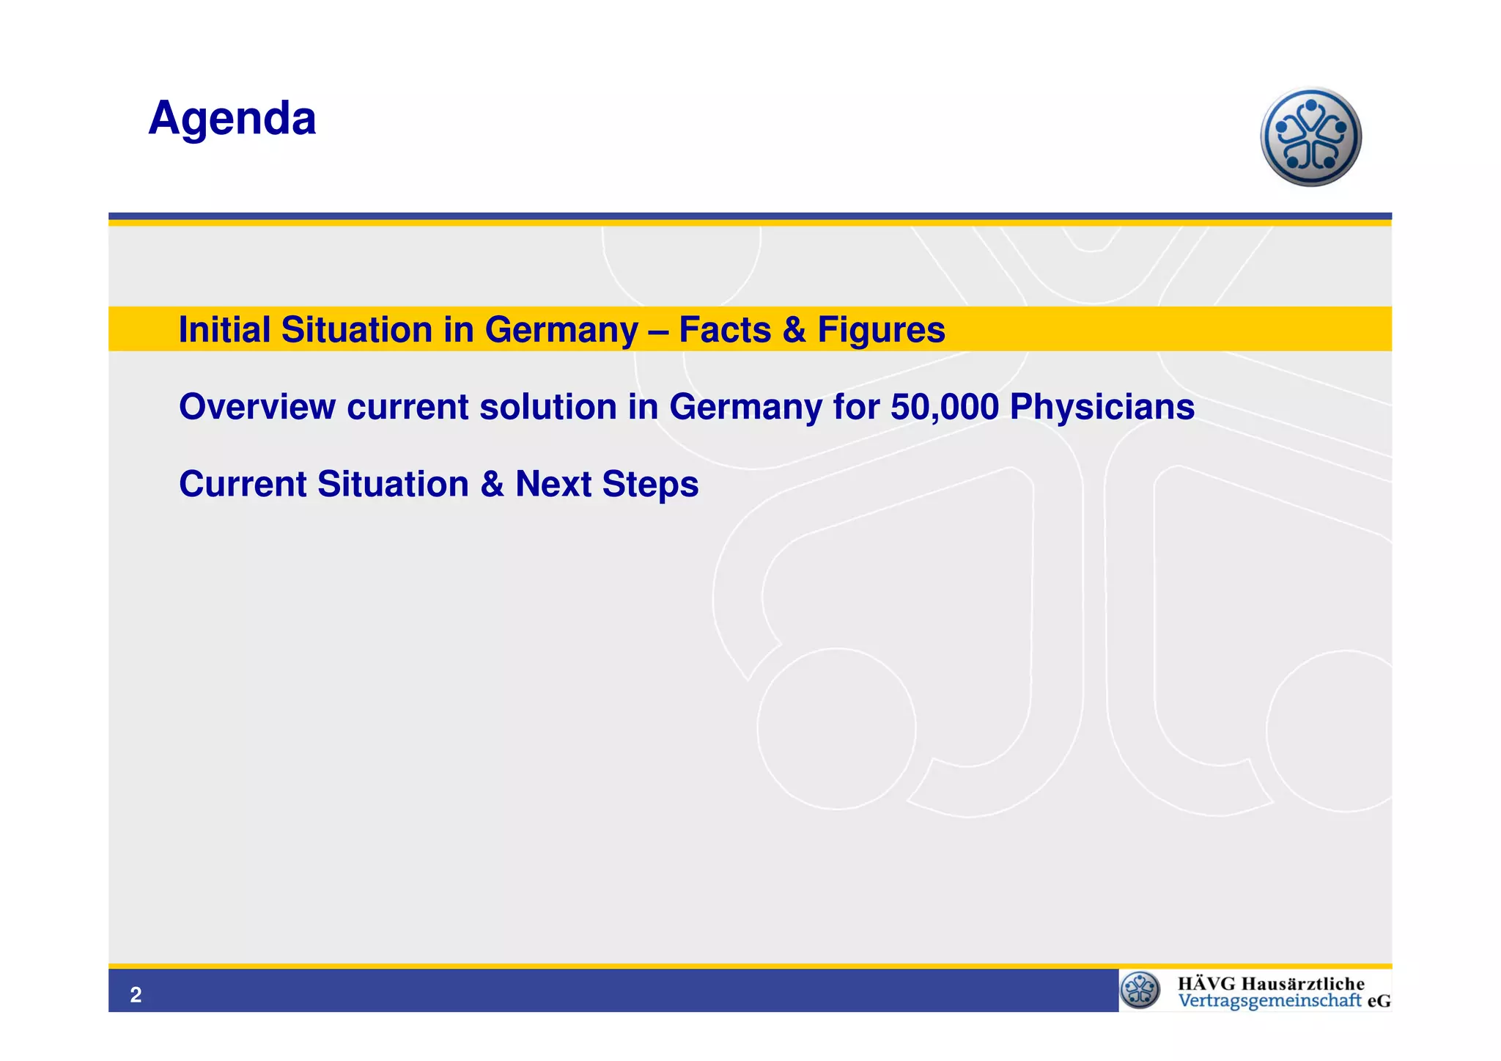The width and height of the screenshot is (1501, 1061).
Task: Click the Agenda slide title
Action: tap(232, 118)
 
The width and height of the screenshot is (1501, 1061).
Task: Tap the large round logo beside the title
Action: tap(1310, 137)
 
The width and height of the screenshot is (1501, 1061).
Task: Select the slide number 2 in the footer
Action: tap(136, 995)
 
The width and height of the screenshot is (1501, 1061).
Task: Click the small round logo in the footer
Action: tap(1140, 991)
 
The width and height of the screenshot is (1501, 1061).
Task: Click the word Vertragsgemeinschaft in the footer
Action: tap(1269, 1001)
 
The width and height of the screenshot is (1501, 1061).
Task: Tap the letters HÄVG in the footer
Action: tap(1206, 983)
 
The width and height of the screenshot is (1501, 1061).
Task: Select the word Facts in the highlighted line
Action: tap(725, 329)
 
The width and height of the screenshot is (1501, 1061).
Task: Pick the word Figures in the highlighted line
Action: tap(881, 331)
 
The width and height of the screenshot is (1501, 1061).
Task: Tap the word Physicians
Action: tap(1102, 408)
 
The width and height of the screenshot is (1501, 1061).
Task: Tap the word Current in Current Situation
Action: tap(243, 484)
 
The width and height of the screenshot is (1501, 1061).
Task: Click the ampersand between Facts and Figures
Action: tap(794, 329)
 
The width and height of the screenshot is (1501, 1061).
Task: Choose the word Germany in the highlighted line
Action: tap(561, 331)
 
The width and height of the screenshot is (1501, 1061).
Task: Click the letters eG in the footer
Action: tap(1379, 1001)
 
